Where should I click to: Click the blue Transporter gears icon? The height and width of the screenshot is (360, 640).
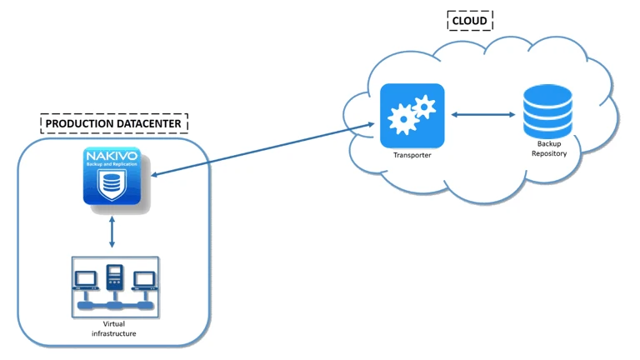(412, 115)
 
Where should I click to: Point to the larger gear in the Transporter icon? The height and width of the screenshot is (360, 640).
(404, 121)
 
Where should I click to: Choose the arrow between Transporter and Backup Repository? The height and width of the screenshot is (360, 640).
(482, 114)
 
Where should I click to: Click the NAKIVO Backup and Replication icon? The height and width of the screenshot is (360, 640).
(112, 176)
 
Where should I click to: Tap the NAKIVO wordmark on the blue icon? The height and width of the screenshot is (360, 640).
(112, 155)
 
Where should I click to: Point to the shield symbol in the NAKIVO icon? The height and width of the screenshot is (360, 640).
(112, 187)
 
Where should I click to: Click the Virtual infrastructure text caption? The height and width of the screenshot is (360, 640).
(113, 328)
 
